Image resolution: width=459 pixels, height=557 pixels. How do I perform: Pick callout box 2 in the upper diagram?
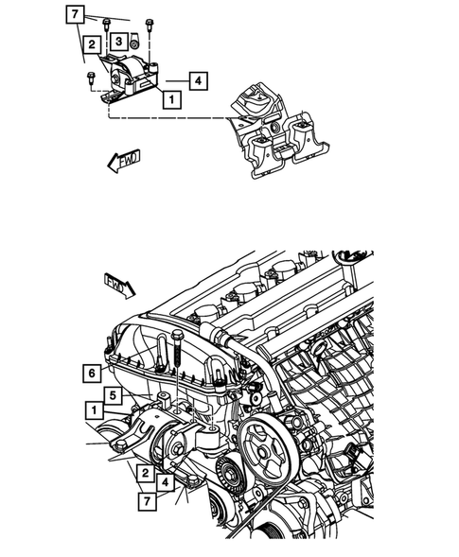(x=91, y=44)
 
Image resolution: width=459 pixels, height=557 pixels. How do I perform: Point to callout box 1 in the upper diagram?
(x=170, y=97)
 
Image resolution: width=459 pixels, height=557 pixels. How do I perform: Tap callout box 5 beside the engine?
(x=112, y=396)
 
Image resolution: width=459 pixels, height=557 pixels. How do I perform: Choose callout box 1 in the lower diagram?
(x=94, y=409)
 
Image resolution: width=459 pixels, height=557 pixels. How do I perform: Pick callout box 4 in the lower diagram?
(x=166, y=484)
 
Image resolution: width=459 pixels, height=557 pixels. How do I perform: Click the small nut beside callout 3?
(x=135, y=42)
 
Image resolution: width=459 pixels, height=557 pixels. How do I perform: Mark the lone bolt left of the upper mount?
(x=89, y=78)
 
